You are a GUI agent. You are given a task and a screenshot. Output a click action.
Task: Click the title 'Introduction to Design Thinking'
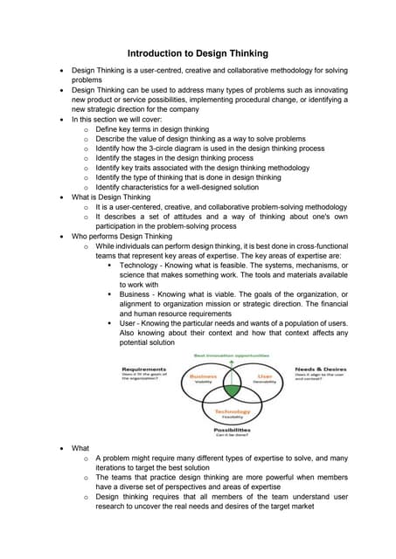pyautogui.click(x=198, y=52)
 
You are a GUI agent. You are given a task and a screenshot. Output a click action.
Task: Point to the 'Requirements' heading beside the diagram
pyautogui.click(x=144, y=369)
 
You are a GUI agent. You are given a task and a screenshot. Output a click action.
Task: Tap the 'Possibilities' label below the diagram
pyautogui.click(x=233, y=430)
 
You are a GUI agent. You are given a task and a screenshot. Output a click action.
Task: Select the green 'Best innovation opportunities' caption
pyautogui.click(x=233, y=355)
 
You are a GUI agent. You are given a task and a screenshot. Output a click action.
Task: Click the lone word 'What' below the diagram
pyautogui.click(x=80, y=447)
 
